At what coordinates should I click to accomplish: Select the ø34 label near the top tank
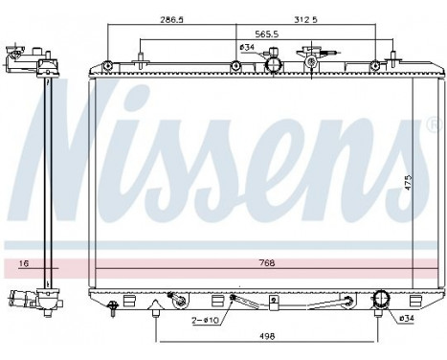246,47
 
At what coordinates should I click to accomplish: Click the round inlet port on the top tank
273,65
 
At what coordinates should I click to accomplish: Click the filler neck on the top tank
312,60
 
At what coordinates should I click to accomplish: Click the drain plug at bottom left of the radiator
114,307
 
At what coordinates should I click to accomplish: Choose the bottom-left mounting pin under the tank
154,308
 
